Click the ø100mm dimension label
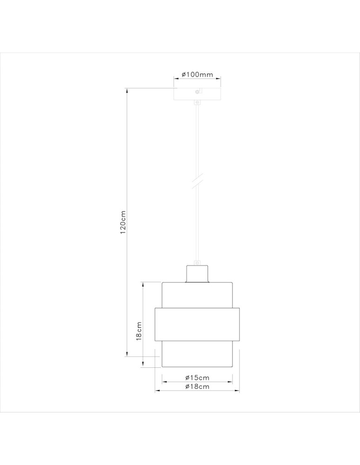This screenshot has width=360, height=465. (197, 74)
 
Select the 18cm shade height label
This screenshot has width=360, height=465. (139, 332)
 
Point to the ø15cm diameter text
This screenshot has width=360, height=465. (197, 377)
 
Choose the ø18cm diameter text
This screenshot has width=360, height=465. (197, 386)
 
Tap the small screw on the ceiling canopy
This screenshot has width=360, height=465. (197, 92)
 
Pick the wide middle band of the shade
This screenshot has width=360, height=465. (197, 324)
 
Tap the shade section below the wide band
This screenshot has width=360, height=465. (197, 354)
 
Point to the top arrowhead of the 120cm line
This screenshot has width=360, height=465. (127, 90)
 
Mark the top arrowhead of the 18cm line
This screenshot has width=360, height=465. (144, 284)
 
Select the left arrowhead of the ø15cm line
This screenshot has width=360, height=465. (163, 382)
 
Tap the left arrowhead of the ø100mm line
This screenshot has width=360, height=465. (176, 80)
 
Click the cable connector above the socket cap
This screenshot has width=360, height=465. (197, 262)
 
